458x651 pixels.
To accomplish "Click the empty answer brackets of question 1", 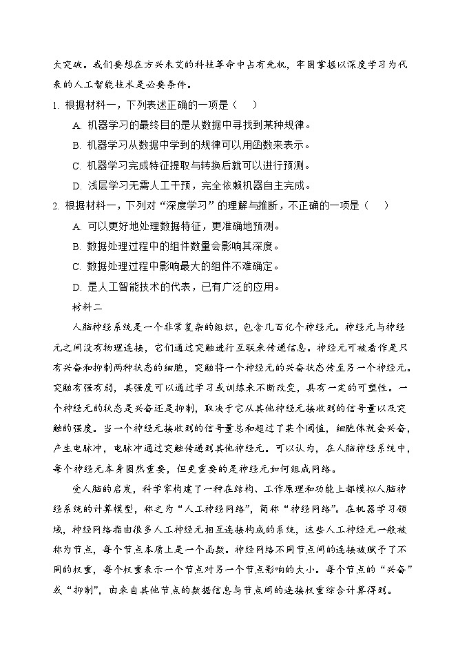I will pos(245,105).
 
